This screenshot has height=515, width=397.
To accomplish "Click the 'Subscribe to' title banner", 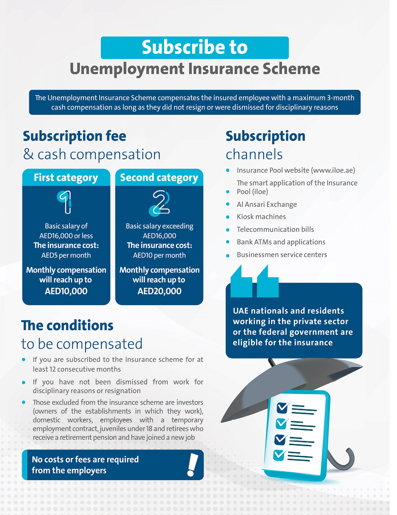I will point(195,47).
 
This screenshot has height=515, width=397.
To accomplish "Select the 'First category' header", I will point(66,178).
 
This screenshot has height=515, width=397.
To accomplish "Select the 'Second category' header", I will point(159,178).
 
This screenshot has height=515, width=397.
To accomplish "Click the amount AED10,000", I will point(66,291).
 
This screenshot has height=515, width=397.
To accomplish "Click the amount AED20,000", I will point(159,291).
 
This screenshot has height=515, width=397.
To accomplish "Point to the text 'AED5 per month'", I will point(66,255).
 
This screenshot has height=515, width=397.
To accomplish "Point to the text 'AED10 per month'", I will point(159,255).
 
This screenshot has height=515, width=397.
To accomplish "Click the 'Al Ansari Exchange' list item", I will point(266,204).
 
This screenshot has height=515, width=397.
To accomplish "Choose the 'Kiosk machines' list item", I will point(261,217).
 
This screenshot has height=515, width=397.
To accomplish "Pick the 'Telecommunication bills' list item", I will point(275,229).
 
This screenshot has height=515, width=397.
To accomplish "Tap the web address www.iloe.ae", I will point(333,170).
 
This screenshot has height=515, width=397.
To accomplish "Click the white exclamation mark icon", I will point(192,465).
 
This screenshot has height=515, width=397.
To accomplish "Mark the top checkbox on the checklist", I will point(282,408).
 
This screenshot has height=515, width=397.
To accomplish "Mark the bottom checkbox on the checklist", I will point(280,455).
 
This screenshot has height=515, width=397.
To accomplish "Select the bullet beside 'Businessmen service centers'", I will point(228,256).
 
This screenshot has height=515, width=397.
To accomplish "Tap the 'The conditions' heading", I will point(67,326).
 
